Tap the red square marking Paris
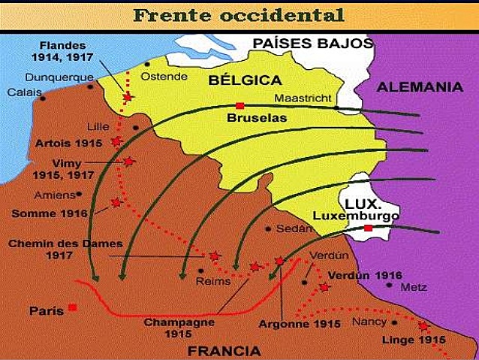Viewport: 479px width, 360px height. (x=72, y=307)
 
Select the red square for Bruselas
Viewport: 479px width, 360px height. (x=239, y=105)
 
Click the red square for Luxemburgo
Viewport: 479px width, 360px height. (x=368, y=228)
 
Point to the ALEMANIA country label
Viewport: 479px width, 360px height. (x=420, y=87)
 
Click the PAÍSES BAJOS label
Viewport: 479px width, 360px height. (x=312, y=43)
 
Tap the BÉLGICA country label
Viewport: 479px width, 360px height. (x=245, y=80)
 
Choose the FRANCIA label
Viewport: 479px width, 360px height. (x=224, y=350)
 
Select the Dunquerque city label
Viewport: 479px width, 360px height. (x=59, y=77)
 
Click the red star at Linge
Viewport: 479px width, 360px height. (x=423, y=326)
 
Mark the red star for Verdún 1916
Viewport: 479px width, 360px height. (x=324, y=287)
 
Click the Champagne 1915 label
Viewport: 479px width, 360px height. (x=179, y=327)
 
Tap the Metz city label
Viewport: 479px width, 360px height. (x=414, y=288)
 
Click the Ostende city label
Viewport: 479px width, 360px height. (x=159, y=77)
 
